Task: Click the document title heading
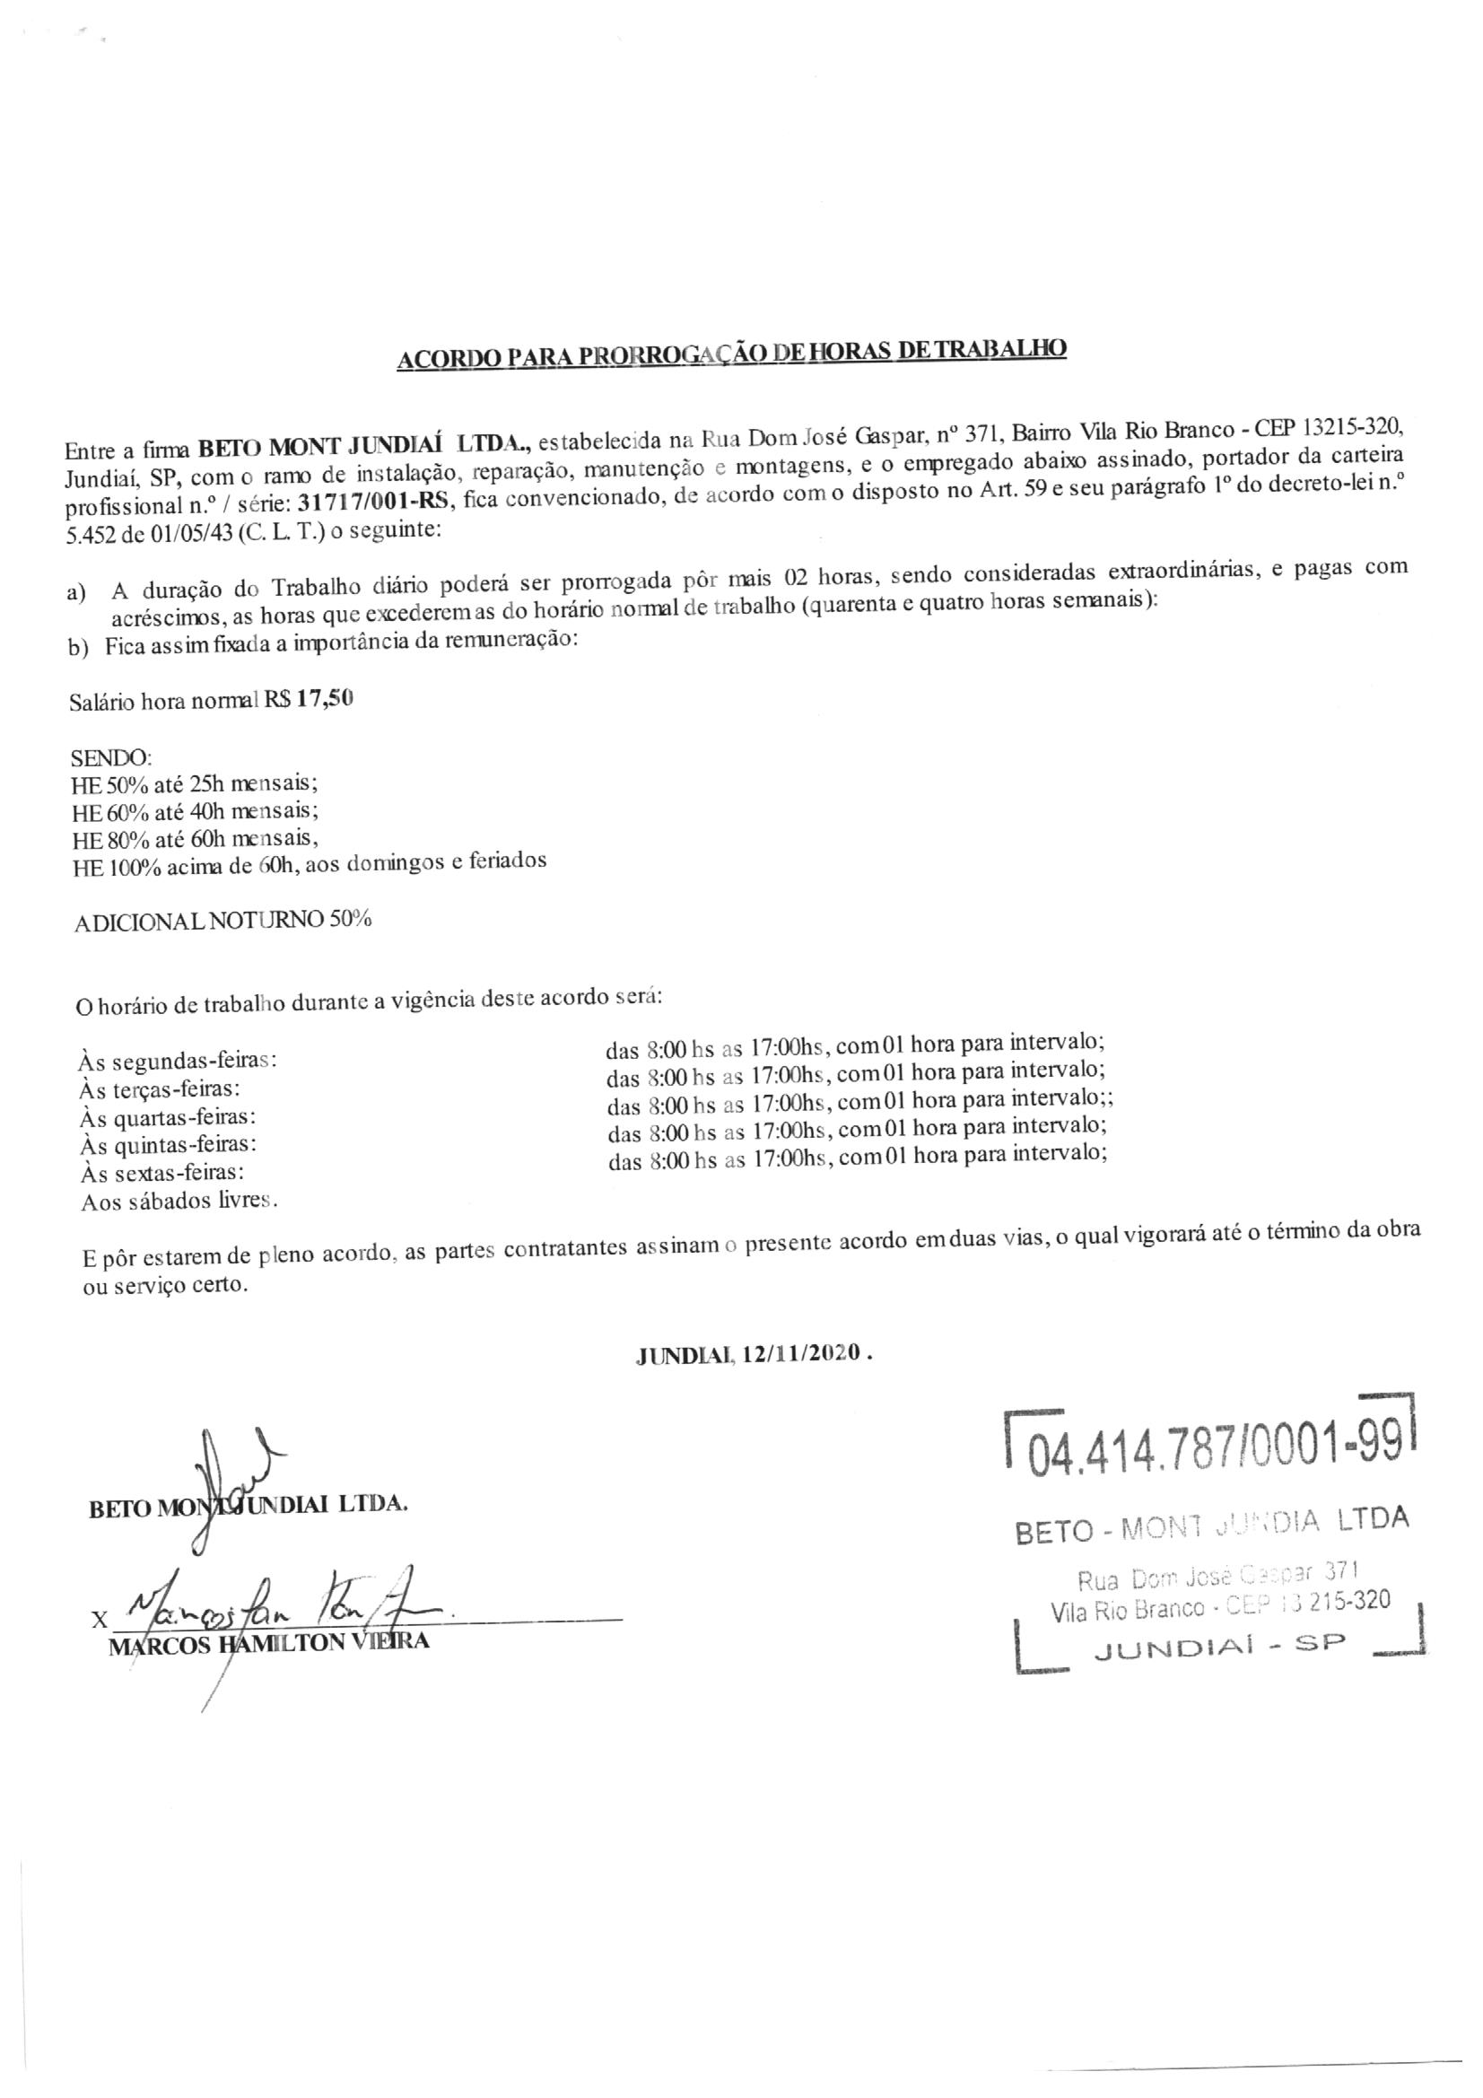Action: click(732, 354)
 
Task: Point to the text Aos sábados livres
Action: click(179, 1201)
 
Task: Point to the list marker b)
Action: click(77, 648)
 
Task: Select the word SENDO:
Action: click(111, 757)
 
